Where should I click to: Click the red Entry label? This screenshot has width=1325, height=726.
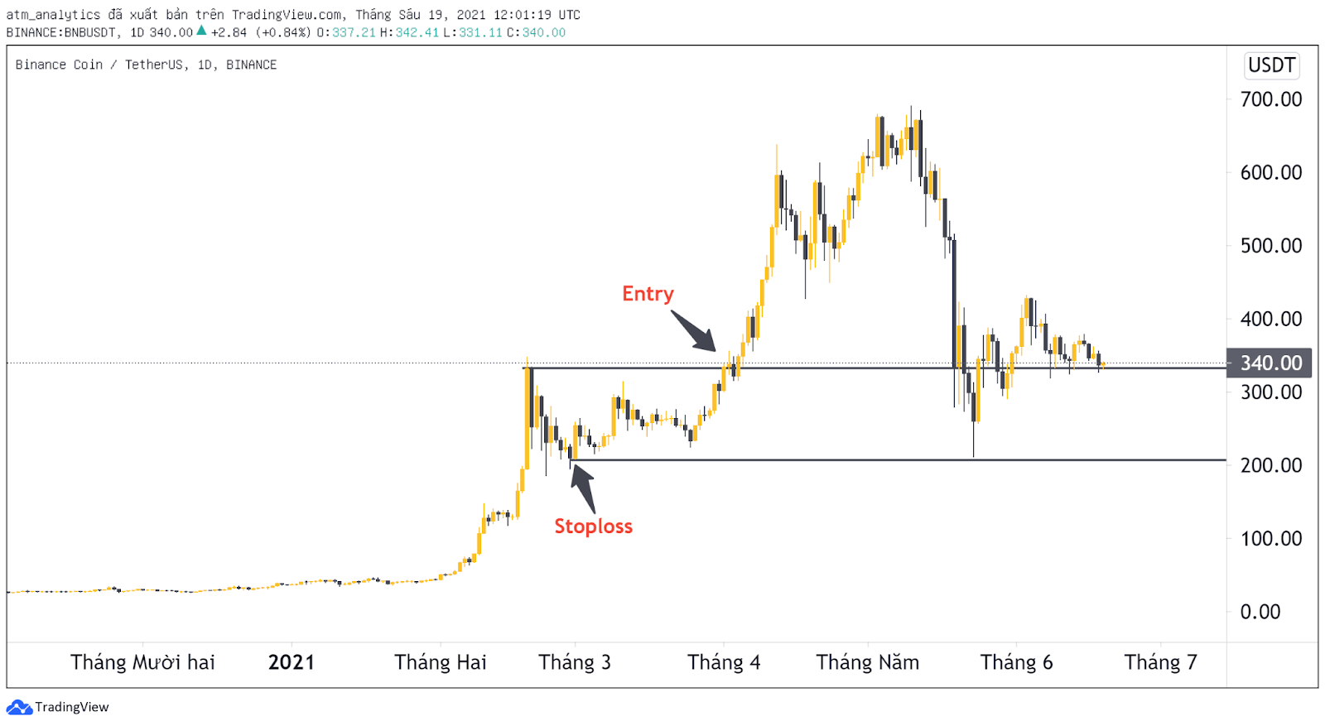[x=648, y=294]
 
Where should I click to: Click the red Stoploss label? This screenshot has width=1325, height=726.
[x=593, y=526]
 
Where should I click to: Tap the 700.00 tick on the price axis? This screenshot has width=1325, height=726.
[x=1270, y=99]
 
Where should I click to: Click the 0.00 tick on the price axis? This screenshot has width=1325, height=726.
[x=1260, y=612]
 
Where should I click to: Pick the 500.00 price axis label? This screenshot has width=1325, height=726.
[x=1270, y=246]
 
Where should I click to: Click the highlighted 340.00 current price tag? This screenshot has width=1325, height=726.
[x=1270, y=363]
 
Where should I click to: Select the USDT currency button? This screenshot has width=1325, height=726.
[x=1271, y=65]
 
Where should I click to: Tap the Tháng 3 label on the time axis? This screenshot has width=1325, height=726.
[x=575, y=662]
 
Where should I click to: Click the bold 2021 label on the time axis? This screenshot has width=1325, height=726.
[x=291, y=662]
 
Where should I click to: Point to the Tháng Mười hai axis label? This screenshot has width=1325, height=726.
[x=142, y=662]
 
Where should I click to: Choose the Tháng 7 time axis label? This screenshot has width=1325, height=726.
[x=1160, y=662]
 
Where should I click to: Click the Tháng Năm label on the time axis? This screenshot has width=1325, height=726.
[x=867, y=662]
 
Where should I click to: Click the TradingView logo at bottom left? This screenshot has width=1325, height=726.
[x=58, y=707]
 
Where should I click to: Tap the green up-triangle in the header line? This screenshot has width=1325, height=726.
[x=201, y=31]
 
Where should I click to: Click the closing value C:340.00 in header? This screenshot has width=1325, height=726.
[x=537, y=32]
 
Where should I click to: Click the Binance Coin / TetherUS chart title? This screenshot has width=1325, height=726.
[x=146, y=65]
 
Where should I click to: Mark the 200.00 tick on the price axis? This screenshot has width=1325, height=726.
[x=1270, y=465]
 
